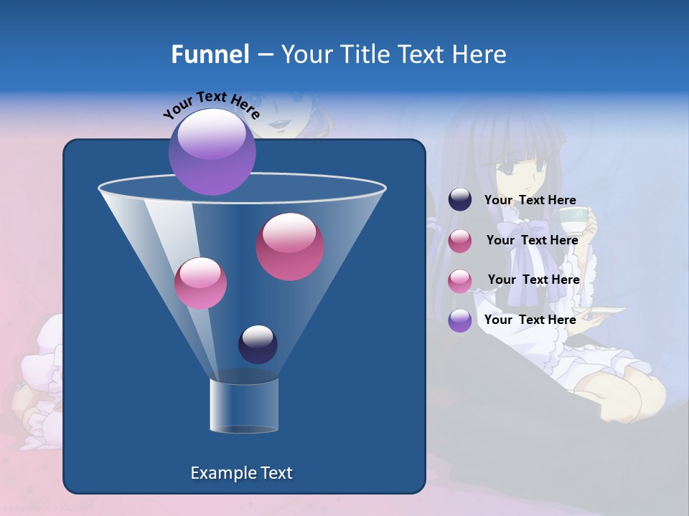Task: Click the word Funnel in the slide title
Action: coord(210,54)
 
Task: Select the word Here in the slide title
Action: coord(479,54)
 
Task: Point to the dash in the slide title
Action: coord(264,55)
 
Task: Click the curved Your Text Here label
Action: coord(211,103)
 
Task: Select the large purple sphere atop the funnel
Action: coord(212,151)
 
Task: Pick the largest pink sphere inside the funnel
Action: coord(290,247)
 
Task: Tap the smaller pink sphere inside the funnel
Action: coord(200,282)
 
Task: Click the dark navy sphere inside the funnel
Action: coord(258,344)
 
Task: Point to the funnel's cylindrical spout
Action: coord(244,404)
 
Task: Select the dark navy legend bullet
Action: coord(460,200)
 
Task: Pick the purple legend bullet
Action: coord(460,320)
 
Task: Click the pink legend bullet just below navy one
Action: coord(460,241)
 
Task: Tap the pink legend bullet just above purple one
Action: coord(460,280)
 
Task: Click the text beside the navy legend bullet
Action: coord(530,201)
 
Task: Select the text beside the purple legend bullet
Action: coord(530,320)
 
